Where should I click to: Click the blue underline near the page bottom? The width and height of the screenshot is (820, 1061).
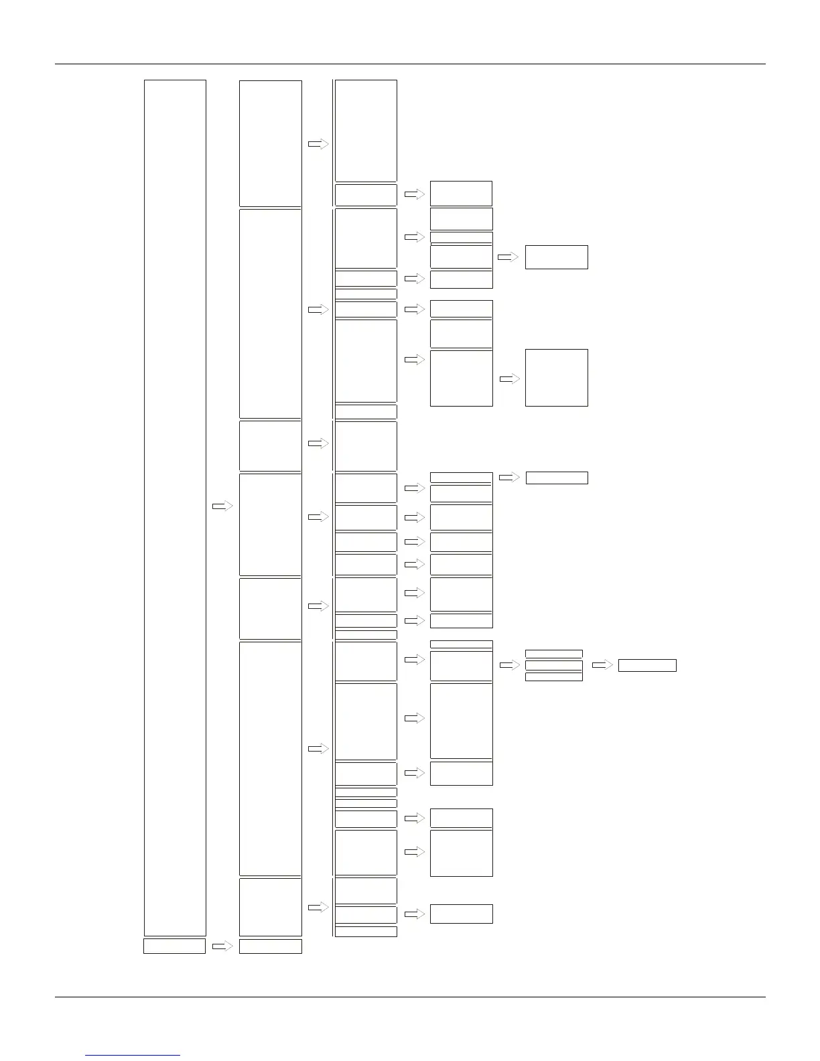click(x=133, y=1056)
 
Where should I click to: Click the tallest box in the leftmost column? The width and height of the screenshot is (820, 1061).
click(x=175, y=507)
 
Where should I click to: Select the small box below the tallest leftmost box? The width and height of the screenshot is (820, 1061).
click(x=174, y=946)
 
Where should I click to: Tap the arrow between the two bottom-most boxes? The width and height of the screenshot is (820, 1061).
click(x=222, y=946)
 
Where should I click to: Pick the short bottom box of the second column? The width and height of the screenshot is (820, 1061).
click(x=271, y=946)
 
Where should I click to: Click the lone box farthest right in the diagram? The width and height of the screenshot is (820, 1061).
click(x=647, y=665)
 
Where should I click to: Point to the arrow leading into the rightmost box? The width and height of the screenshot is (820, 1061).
click(x=602, y=665)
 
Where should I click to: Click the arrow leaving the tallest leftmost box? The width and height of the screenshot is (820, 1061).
click(x=222, y=506)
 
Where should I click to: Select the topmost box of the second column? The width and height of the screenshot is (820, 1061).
click(x=271, y=143)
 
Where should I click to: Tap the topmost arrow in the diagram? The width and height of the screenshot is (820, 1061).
click(x=318, y=143)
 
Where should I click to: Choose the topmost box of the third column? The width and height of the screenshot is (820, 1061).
click(x=366, y=131)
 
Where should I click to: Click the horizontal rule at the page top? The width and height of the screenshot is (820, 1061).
click(x=409, y=64)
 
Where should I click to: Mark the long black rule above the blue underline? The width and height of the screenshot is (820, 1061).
click(x=409, y=997)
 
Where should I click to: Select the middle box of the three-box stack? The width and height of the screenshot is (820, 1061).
click(x=554, y=665)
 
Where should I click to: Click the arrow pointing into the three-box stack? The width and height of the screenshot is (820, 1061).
click(x=510, y=665)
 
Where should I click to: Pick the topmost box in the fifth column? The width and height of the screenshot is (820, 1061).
click(x=557, y=257)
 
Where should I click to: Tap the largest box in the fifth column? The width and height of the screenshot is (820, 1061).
click(x=557, y=377)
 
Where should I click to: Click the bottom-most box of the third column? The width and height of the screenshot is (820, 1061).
click(x=366, y=931)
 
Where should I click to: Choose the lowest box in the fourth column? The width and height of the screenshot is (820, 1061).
click(x=462, y=914)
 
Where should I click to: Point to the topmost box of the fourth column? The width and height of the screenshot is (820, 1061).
click(x=461, y=194)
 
